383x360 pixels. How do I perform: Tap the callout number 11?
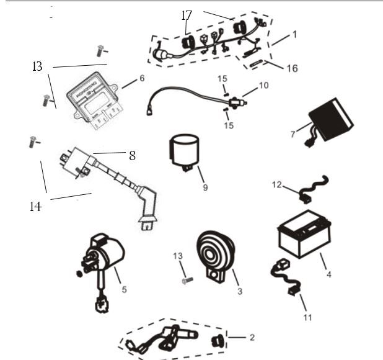(x=307, y=317)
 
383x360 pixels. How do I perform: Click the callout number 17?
(x=187, y=15)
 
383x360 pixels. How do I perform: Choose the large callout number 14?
(x=35, y=207)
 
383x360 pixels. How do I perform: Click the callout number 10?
(x=263, y=85)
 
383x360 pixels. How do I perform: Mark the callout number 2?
(x=251, y=338)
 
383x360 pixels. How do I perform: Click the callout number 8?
(x=132, y=156)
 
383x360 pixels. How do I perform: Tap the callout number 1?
(x=294, y=35)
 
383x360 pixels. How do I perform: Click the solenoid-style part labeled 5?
(x=106, y=254)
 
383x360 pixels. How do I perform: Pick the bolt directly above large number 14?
(x=32, y=142)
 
